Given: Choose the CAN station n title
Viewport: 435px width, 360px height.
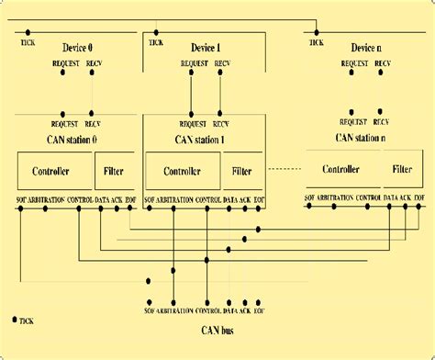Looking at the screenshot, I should tap(361, 139).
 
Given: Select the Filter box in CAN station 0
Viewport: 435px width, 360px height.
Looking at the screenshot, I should tap(114, 171).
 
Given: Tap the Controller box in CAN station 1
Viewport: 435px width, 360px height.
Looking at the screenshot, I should tap(183, 171).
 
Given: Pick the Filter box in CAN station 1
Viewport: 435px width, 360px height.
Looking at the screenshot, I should tap(242, 171).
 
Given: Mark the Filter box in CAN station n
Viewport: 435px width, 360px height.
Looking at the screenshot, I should tap(402, 169).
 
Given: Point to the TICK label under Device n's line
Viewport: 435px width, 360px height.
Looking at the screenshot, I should tap(317, 43).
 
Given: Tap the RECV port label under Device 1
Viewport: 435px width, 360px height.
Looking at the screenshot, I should tap(222, 63).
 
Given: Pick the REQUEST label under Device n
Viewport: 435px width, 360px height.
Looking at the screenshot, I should tap(355, 63).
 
